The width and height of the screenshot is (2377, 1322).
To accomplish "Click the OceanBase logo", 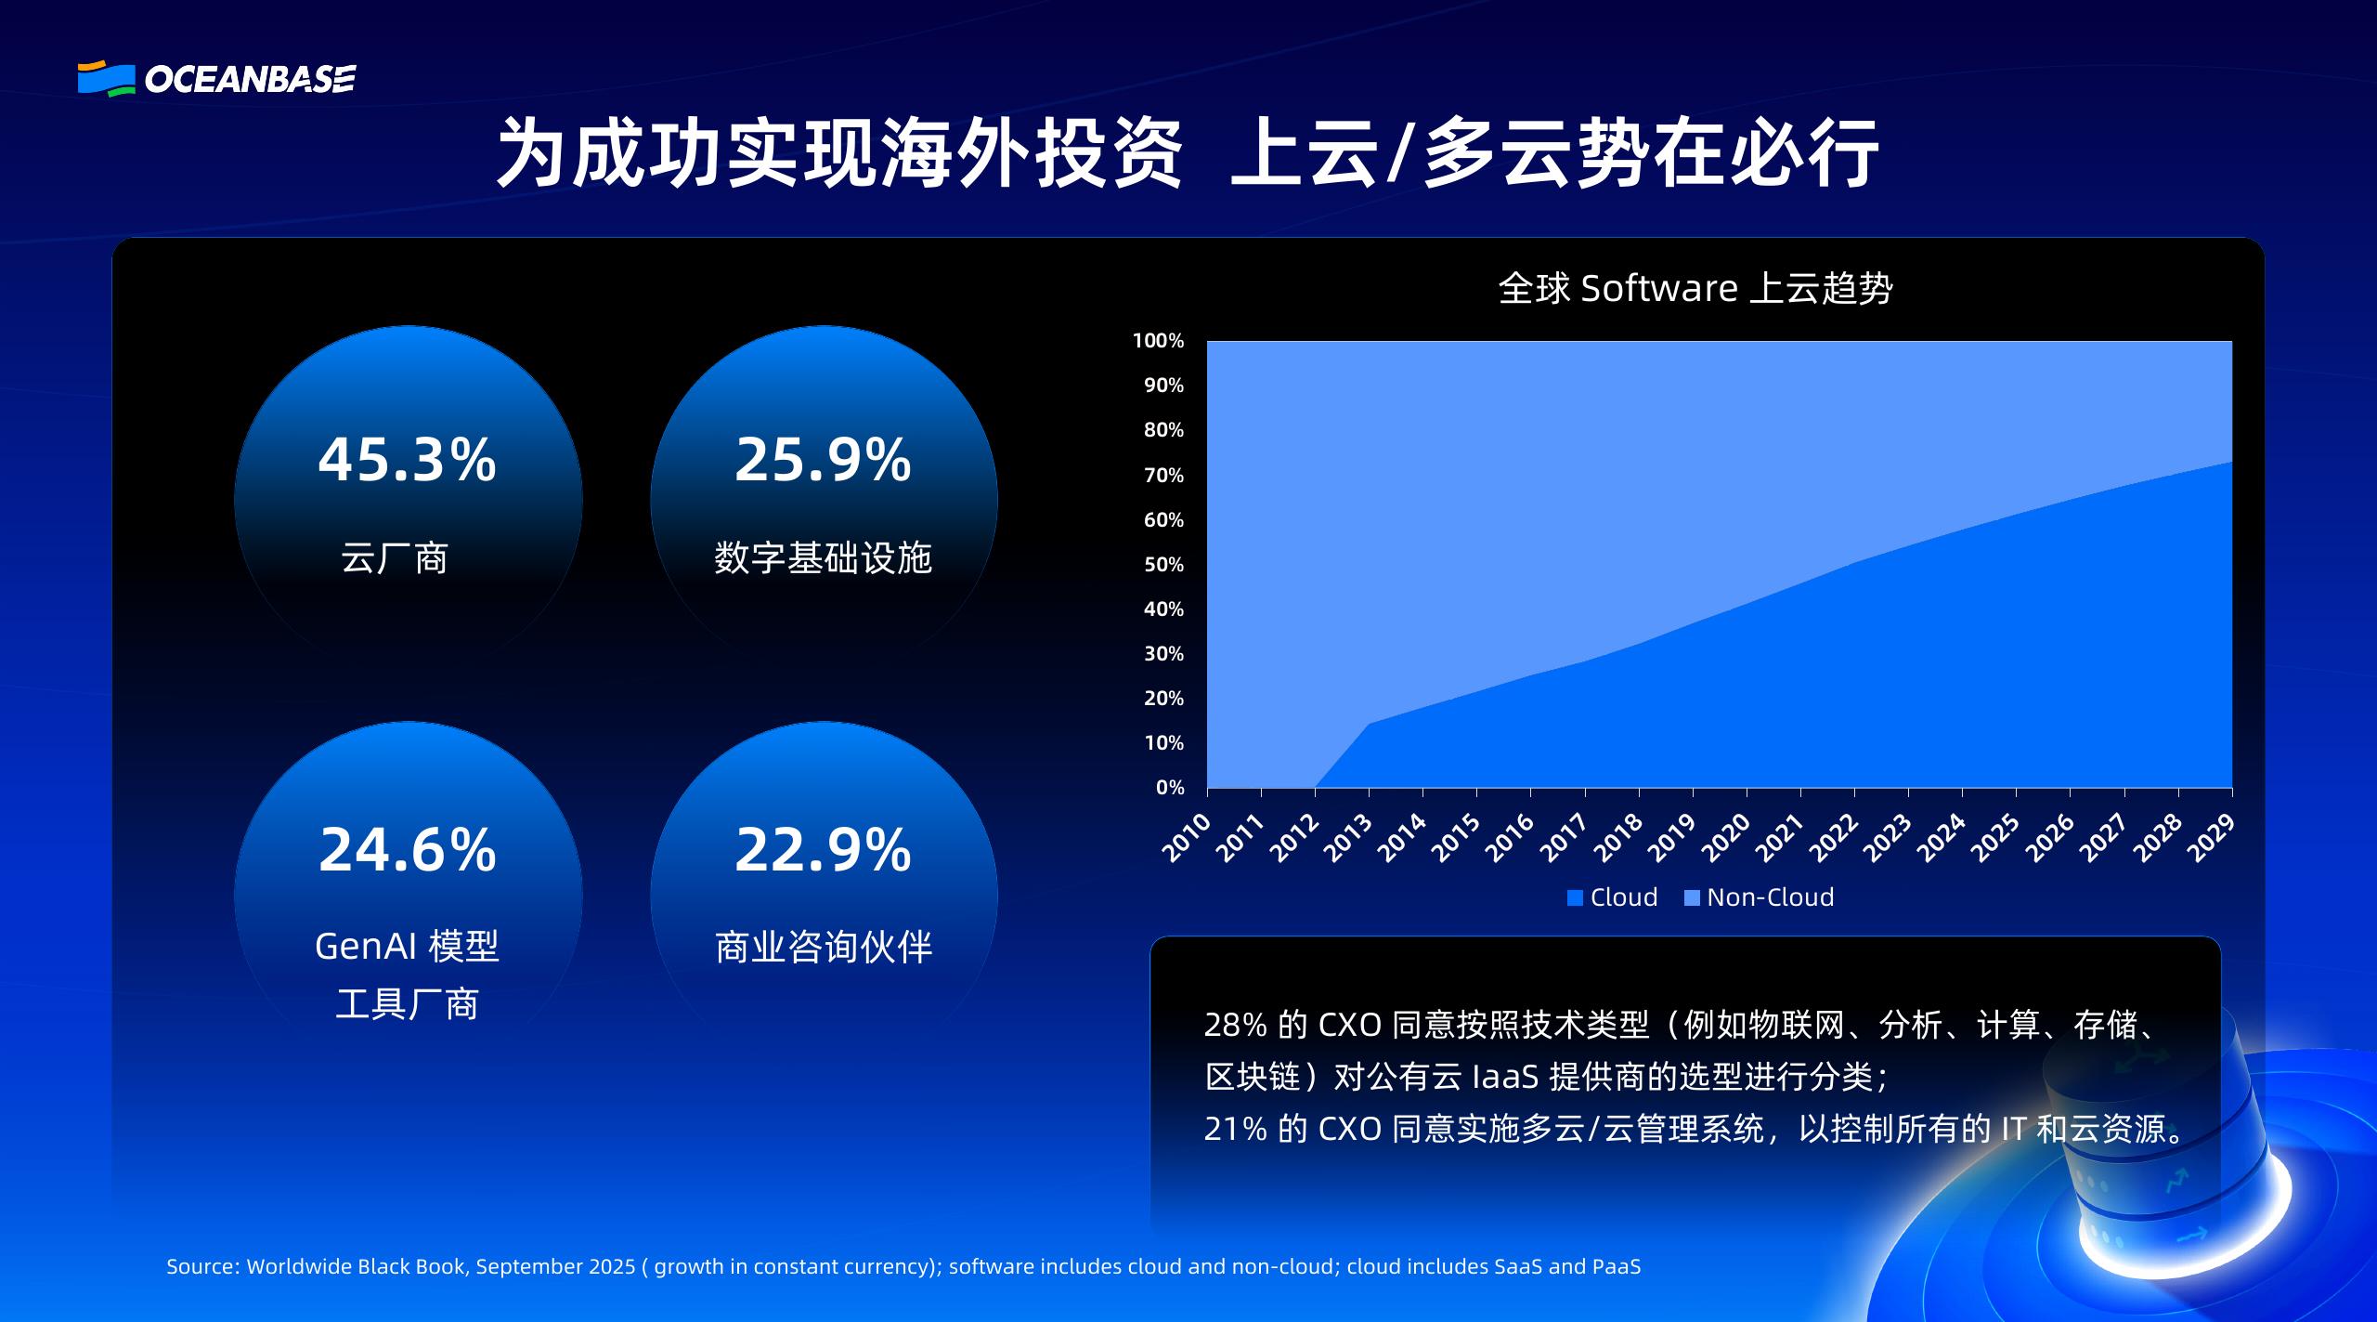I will click(216, 79).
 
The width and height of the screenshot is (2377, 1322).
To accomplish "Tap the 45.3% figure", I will click(407, 460).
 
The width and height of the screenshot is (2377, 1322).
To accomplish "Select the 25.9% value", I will click(823, 460).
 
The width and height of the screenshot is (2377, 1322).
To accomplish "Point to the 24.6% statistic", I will click(407, 850).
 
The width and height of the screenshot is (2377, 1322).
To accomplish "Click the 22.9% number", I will click(823, 850).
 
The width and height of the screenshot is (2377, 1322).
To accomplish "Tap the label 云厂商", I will click(395, 558).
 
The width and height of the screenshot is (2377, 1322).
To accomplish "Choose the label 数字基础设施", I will click(823, 558).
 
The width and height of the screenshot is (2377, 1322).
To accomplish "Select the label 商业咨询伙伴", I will click(824, 948).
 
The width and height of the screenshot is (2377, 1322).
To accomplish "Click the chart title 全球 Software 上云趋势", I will click(1695, 288).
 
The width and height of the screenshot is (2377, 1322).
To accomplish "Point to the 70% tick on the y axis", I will click(1163, 476).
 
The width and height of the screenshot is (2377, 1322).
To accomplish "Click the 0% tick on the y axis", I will click(1170, 788).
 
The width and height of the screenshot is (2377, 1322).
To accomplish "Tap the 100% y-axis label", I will click(1158, 341).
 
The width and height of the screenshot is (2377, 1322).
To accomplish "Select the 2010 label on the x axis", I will click(1188, 837).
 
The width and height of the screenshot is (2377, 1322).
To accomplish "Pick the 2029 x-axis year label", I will click(2211, 837).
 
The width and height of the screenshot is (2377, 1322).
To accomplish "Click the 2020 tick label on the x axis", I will click(1727, 837).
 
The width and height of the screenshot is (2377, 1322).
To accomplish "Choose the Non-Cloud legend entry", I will click(1759, 897).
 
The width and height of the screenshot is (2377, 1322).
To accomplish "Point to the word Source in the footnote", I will click(202, 1266).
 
